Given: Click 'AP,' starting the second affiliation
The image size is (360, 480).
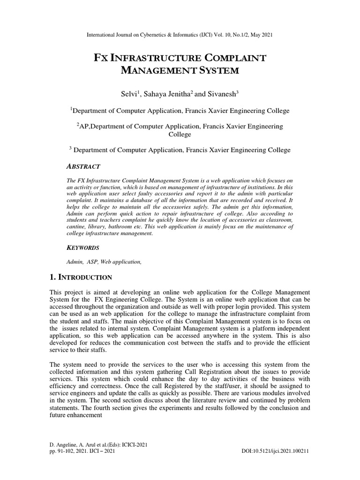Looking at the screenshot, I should (84, 127).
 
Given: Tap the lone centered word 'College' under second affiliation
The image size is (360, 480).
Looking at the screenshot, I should (180, 135).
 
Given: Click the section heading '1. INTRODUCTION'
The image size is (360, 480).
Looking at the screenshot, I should (81, 277).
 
